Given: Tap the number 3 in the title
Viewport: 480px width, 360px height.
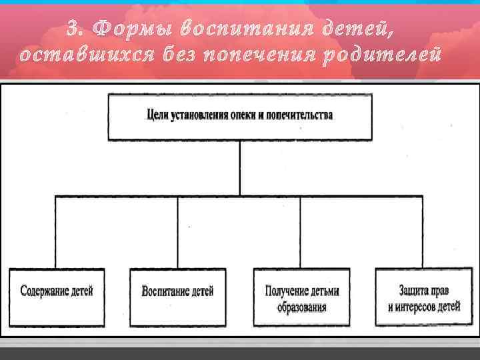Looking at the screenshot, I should coord(74,30).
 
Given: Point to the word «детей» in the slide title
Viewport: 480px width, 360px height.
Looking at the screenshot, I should coord(350,30).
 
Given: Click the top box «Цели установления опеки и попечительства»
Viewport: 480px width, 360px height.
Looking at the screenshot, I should coord(240,117).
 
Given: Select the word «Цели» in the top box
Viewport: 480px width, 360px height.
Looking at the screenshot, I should coord(156,115).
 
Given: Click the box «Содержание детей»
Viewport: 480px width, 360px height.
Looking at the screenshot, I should coord(57,297).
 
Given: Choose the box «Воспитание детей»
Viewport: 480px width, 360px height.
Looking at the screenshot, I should coord(177,297).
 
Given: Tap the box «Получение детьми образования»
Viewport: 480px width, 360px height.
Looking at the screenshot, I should coord(301,297).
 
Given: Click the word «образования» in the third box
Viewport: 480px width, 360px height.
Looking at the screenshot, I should coord(302,307).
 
